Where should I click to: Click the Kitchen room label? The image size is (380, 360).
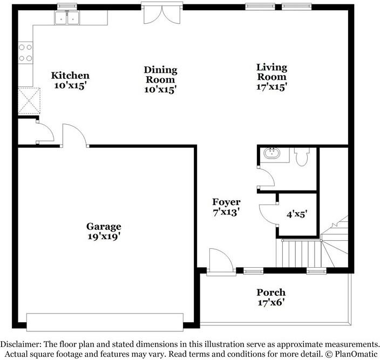(x=70, y=76)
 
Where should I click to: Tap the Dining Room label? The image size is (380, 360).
(x=161, y=74)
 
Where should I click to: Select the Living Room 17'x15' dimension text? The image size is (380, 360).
(x=272, y=87)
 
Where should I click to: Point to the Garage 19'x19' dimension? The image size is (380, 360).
(x=104, y=236)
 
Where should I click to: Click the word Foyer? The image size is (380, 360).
(x=226, y=202)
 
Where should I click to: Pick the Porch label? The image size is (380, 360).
(x=271, y=293)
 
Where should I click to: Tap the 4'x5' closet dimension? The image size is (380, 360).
(x=297, y=214)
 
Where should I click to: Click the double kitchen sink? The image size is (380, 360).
(x=67, y=18)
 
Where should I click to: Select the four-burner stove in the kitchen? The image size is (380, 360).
(x=25, y=53)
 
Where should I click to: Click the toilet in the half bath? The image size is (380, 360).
(x=302, y=157)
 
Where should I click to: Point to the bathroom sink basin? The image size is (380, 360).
(x=272, y=153)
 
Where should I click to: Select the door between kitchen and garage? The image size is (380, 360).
(x=75, y=135)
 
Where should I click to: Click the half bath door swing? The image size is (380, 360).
(x=266, y=178)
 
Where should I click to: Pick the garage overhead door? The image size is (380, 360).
(x=105, y=322)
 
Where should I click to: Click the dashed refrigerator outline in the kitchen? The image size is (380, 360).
(x=29, y=101)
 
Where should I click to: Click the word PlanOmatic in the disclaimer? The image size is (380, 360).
(x=356, y=354)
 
